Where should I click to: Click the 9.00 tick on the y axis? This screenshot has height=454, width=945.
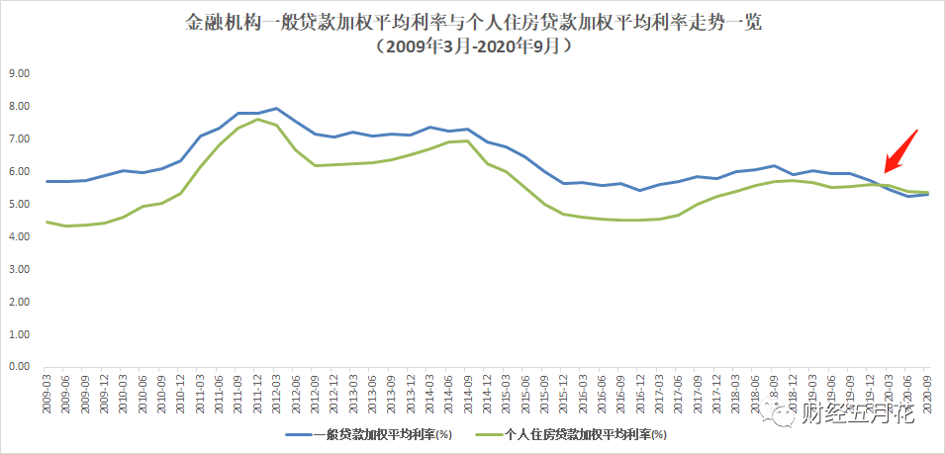coord(20,73)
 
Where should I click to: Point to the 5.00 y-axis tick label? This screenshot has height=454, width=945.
coord(20,204)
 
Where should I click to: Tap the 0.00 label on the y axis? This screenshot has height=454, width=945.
coord(20,367)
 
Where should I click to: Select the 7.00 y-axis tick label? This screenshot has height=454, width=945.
coord(20,138)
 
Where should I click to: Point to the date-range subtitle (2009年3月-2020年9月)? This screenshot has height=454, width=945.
coord(472,45)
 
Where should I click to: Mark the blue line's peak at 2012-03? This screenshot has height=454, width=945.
coord(276,109)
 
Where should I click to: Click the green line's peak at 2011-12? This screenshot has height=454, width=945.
coord(257,120)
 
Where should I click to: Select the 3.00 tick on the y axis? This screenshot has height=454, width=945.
coord(20,269)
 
